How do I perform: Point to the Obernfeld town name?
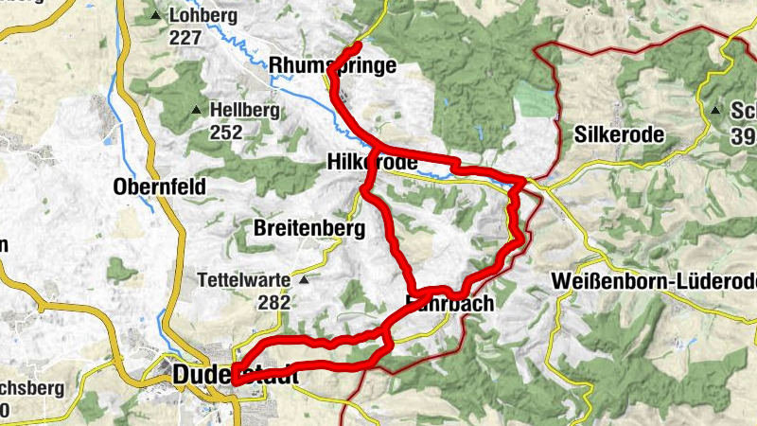click(x=159, y=186)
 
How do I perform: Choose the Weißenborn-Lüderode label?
click(x=653, y=281)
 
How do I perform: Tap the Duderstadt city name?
click(x=236, y=376)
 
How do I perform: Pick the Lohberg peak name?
click(x=199, y=16)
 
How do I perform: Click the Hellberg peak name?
click(x=245, y=111)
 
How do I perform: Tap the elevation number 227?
click(x=186, y=38)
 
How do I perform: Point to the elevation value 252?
click(x=226, y=133)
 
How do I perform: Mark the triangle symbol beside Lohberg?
click(x=156, y=16)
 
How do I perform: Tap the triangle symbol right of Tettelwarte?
click(x=304, y=280)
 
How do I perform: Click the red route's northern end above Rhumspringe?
click(x=360, y=45)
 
